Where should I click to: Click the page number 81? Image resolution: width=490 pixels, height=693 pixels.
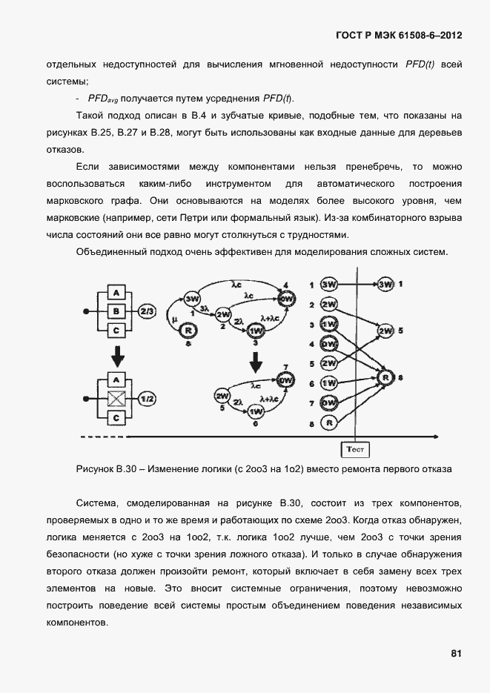pos(456,653)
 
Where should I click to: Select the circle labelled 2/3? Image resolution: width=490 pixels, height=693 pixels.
pos(147,311)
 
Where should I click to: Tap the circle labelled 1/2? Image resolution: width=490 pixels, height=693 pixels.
pos(147,399)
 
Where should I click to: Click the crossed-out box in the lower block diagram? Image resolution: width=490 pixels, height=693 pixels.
pos(116,399)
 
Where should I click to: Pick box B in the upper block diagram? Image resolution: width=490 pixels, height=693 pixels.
pos(116,311)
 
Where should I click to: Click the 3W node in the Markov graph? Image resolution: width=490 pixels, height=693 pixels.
pos(193,299)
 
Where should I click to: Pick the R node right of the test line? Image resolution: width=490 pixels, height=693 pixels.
pos(385,377)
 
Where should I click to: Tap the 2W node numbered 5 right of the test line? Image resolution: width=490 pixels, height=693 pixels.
pos(385,329)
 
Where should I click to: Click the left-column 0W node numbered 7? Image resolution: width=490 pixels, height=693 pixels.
pos(328,402)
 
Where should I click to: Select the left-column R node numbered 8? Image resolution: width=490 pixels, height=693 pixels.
pos(328,422)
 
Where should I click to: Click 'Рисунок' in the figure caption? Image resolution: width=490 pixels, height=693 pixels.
pos(95,469)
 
